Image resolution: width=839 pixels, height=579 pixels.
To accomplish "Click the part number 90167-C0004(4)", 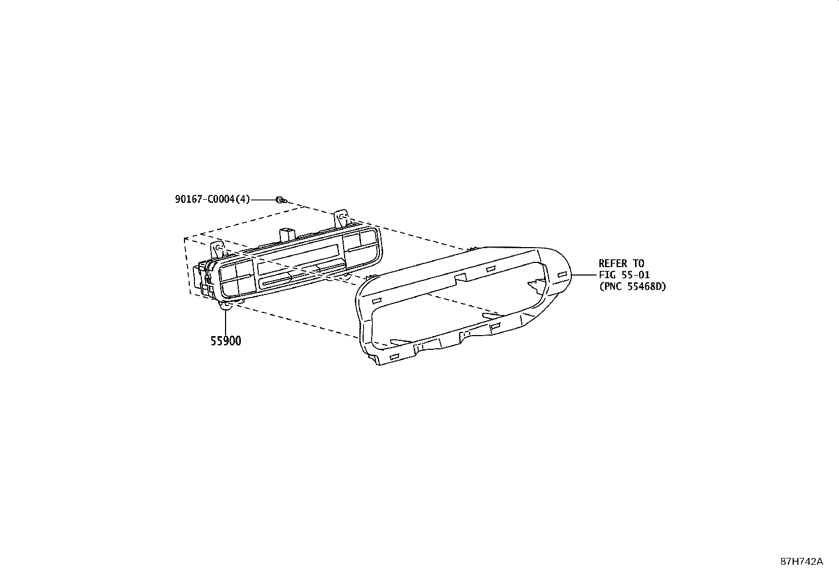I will point(212,200).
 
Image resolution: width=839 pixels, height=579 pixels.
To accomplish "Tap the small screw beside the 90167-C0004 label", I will point(281,200).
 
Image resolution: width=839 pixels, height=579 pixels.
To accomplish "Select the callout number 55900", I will point(226,341).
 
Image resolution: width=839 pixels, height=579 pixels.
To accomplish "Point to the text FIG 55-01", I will point(624,275).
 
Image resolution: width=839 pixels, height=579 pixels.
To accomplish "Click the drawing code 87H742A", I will point(802,561).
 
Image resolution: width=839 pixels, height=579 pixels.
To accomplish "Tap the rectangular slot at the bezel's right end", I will point(562,274).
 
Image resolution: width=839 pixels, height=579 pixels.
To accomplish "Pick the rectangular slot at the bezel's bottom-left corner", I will point(394,357).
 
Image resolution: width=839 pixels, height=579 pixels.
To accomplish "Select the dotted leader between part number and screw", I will point(263,200).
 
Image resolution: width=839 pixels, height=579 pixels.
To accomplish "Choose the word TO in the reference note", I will point(638,263).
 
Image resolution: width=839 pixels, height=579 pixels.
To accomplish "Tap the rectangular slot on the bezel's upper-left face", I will point(377,301).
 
